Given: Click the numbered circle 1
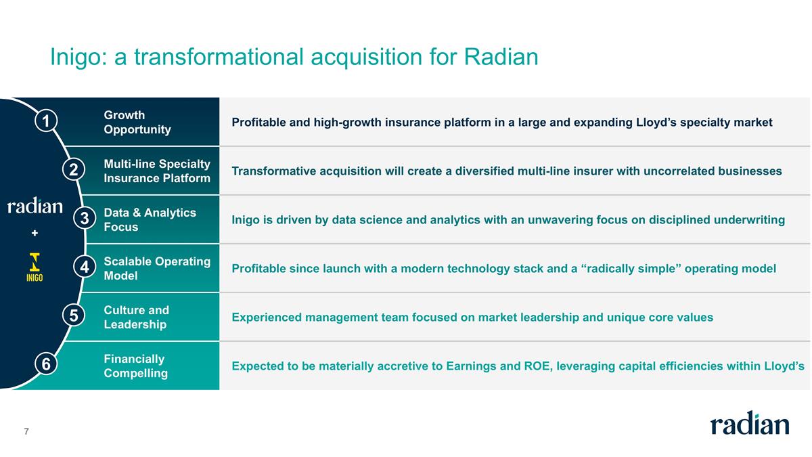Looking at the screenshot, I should point(45,121).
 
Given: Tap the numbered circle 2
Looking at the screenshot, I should point(73,169).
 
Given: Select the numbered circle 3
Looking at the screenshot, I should point(84,218).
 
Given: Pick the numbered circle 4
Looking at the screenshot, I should point(84,267).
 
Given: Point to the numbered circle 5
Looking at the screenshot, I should point(73,315).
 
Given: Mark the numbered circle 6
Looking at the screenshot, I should point(45,364).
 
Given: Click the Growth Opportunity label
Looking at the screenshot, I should point(137,123).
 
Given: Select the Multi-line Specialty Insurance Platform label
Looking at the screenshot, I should point(157,171).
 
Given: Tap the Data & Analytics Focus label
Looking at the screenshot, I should point(150,220).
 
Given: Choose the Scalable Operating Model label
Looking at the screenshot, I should point(157,269).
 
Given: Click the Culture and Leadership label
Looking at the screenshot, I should point(136,318).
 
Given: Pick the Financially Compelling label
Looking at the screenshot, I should point(135,366).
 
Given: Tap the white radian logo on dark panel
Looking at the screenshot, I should point(35,206).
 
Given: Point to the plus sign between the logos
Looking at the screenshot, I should point(35,233).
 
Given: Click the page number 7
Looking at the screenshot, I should point(26,431).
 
